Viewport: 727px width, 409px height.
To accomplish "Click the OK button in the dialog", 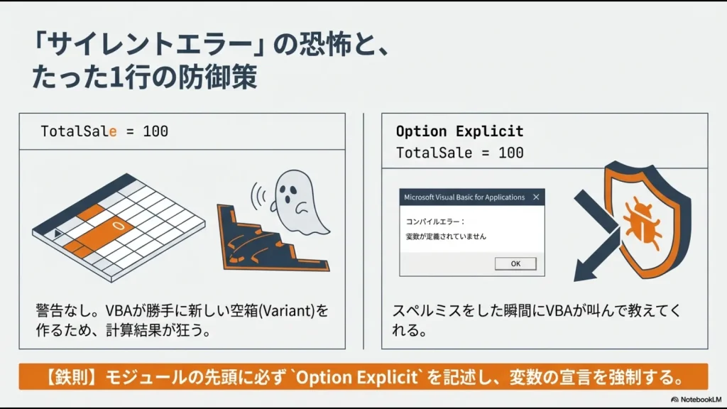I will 515,263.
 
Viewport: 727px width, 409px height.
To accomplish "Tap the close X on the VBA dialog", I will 536,197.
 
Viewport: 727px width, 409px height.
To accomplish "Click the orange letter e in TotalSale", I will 112,131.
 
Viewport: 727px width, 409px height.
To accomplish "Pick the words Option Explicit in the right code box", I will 459,131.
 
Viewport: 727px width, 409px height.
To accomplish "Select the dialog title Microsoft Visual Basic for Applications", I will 464,197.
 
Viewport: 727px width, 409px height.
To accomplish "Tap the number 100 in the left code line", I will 155,131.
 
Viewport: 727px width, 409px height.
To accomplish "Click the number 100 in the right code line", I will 510,153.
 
